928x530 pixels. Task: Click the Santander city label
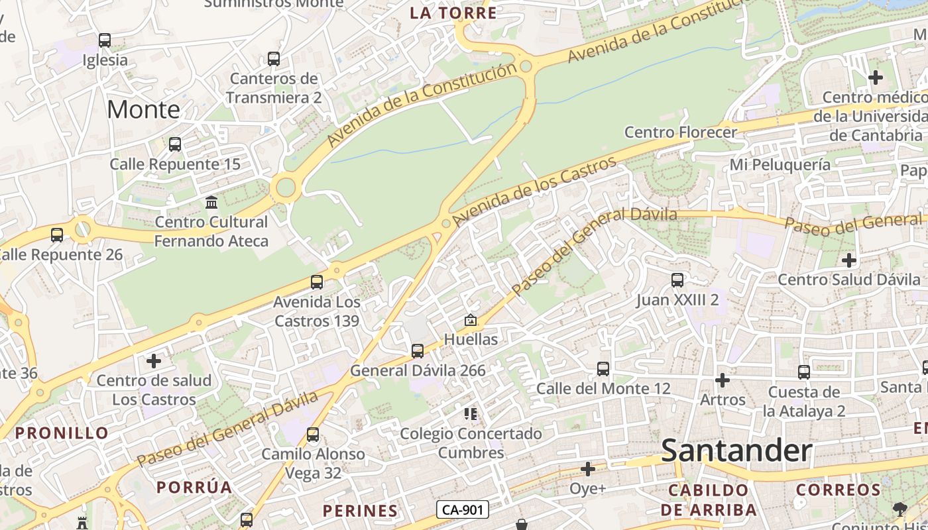click(x=736, y=451)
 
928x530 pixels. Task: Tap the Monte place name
click(x=143, y=109)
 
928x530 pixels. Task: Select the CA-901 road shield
click(x=463, y=509)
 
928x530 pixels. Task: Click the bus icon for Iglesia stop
click(x=105, y=40)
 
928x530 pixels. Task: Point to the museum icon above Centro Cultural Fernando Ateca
click(x=211, y=202)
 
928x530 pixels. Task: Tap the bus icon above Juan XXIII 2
click(x=677, y=280)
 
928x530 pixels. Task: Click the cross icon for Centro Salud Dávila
click(x=849, y=260)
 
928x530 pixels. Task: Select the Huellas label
click(x=471, y=339)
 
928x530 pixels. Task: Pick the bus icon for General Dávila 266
click(x=418, y=351)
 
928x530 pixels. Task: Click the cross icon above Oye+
click(x=588, y=470)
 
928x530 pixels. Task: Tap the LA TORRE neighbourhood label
click(x=453, y=13)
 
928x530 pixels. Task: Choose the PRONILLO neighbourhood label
click(x=62, y=433)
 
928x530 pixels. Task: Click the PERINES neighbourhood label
click(x=360, y=511)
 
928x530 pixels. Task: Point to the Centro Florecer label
click(x=681, y=132)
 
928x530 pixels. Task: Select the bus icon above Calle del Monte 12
click(x=603, y=369)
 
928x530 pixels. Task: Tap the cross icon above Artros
click(x=723, y=380)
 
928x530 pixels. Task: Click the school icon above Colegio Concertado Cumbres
click(x=471, y=415)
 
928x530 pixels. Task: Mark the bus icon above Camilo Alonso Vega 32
click(x=313, y=435)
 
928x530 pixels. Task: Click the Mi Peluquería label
click(x=780, y=164)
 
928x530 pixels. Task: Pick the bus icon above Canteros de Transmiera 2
click(x=274, y=59)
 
